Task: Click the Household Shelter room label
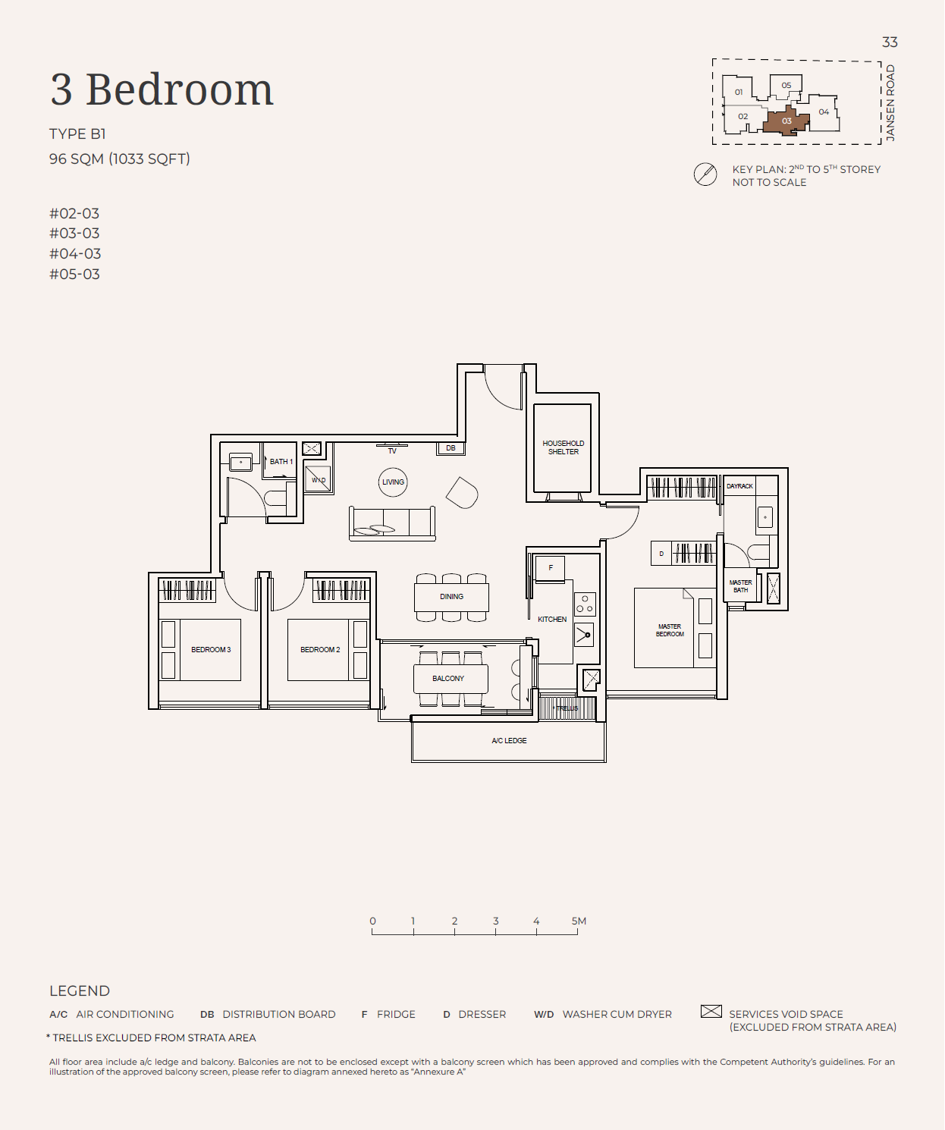[x=563, y=447]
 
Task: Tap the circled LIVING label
[x=393, y=482]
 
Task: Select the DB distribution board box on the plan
[x=451, y=448]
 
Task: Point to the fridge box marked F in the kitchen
[x=551, y=568]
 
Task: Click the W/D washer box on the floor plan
[x=318, y=479]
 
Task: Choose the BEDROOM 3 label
[x=211, y=649]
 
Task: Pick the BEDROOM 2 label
[x=320, y=649]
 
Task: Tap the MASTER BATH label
[x=740, y=586]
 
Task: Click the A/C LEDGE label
[x=509, y=740]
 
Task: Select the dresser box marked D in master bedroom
[x=661, y=554]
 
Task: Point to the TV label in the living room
[x=392, y=450]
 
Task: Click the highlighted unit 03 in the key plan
[x=786, y=121]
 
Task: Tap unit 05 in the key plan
[x=786, y=85]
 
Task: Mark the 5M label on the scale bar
[x=579, y=921]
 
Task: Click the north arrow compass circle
[x=705, y=174]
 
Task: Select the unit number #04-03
[x=74, y=253]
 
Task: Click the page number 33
[x=890, y=42]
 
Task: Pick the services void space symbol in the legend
[x=711, y=1011]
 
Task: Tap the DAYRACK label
[x=739, y=486]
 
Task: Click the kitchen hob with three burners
[x=585, y=604]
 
